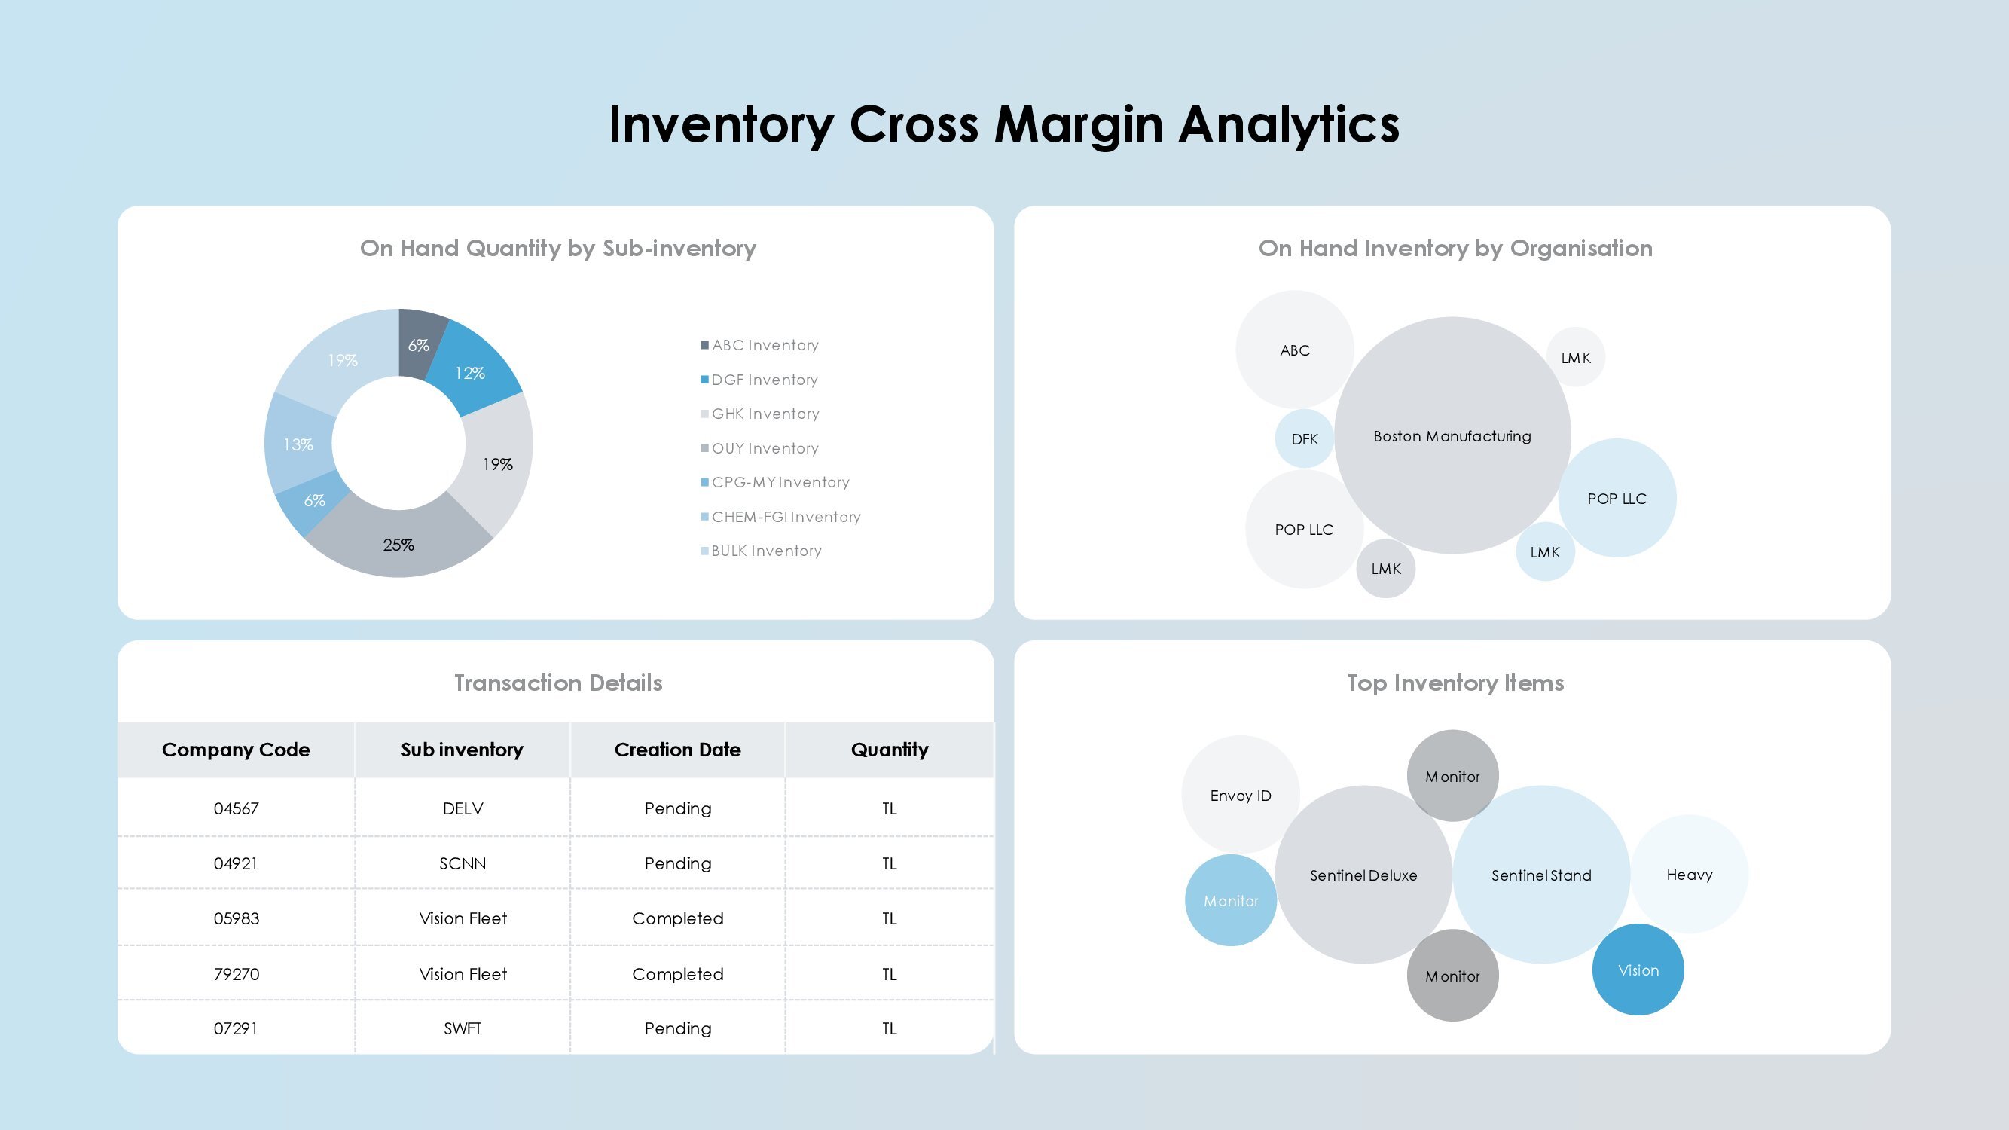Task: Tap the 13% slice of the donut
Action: point(298,443)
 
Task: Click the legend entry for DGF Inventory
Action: point(759,380)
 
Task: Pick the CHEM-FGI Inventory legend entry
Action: point(780,517)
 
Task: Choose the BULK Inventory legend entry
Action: point(761,551)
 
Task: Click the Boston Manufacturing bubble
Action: point(1452,435)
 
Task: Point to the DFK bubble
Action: point(1305,439)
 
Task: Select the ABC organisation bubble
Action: point(1295,350)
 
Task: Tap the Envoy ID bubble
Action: point(1240,795)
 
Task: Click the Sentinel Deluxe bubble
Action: point(1363,875)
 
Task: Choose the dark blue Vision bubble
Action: point(1638,970)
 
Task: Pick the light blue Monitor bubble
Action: point(1231,901)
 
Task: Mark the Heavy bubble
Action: point(1690,874)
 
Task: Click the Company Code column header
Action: point(236,750)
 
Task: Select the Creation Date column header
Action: point(677,750)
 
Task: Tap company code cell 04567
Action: point(236,808)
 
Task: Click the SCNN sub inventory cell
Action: point(463,863)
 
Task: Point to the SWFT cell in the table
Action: point(463,1028)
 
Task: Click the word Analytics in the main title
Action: point(1288,125)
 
